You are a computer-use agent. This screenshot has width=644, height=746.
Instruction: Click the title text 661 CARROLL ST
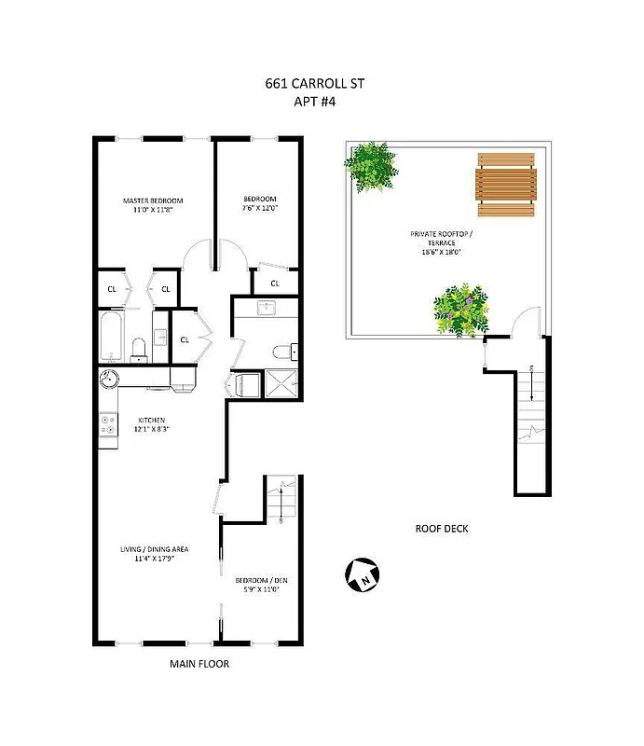coord(314,83)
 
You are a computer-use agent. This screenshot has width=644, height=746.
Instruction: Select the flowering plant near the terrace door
coord(461,309)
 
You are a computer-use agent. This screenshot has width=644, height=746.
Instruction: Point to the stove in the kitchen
coord(107,425)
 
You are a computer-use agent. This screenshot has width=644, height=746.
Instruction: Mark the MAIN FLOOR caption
coord(199,664)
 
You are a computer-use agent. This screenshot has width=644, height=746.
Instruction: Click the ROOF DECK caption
coord(442,529)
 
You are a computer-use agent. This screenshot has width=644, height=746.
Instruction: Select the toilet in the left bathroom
coord(139,349)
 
